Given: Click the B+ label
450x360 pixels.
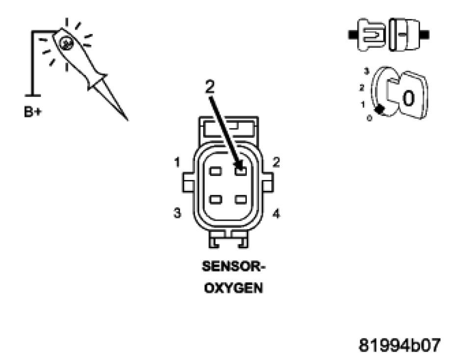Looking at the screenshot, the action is tap(33, 112).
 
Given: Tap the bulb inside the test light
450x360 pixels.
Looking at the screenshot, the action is tap(66, 43).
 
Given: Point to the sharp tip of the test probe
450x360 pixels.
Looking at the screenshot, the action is tap(127, 120).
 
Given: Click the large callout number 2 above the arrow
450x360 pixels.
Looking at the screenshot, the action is tap(210, 86).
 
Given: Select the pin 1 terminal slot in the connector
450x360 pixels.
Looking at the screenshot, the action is tap(215, 171).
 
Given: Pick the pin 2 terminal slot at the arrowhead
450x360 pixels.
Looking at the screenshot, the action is tap(240, 171).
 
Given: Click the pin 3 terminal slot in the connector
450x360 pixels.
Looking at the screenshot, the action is tap(215, 199).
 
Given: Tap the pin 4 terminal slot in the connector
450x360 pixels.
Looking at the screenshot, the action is tap(240, 199).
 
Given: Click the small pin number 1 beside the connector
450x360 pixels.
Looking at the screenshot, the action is tap(177, 162).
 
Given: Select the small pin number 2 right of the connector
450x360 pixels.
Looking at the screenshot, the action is tap(276, 162).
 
